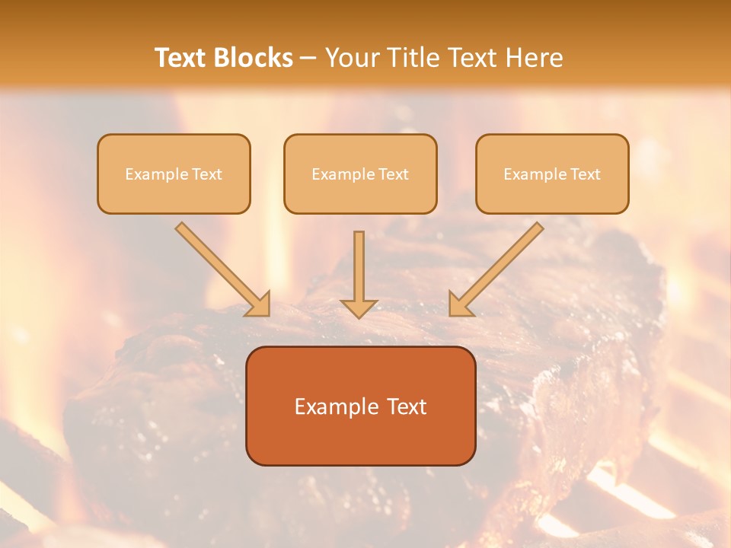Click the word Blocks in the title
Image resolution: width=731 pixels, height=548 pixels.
click(x=253, y=57)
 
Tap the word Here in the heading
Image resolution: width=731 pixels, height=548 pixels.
click(x=535, y=57)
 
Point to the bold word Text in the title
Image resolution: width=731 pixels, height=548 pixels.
click(x=181, y=57)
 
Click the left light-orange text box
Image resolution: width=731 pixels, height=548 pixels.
click(x=174, y=174)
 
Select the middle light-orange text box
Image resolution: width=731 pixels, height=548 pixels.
click(x=360, y=174)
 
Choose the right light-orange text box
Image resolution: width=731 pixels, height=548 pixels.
click(x=553, y=174)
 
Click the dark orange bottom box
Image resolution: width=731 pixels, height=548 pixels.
click(x=361, y=406)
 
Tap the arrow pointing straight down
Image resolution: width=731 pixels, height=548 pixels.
click(x=359, y=275)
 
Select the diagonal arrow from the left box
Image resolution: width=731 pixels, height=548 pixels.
click(x=223, y=269)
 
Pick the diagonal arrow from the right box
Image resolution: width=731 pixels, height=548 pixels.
click(x=496, y=269)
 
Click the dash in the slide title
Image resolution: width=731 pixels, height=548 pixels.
click(x=308, y=58)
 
